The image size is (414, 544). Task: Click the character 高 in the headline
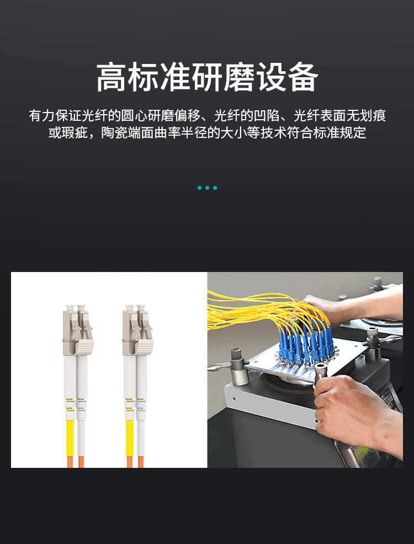click(x=112, y=77)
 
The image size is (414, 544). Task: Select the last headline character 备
click(x=302, y=77)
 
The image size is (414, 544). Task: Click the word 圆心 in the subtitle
click(x=134, y=115)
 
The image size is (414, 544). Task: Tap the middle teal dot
click(x=207, y=188)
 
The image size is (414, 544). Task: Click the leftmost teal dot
click(x=199, y=188)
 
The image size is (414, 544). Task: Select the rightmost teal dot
click(x=215, y=188)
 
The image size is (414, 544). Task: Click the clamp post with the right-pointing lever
click(x=375, y=344)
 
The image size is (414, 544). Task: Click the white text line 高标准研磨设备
click(x=207, y=77)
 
